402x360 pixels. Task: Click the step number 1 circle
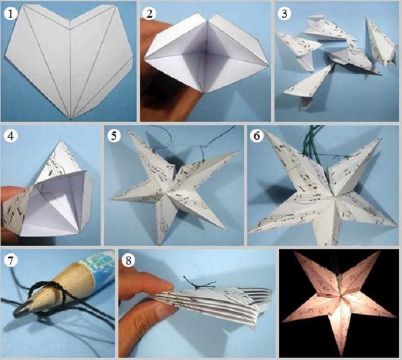pyautogui.click(x=10, y=14)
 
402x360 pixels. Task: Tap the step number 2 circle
pyautogui.click(x=149, y=13)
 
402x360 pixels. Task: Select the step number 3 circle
pyautogui.click(x=284, y=14)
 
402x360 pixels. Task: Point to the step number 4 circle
pyautogui.click(x=10, y=137)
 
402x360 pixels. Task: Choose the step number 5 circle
pyautogui.click(x=114, y=135)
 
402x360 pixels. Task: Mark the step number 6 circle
pyautogui.click(x=256, y=135)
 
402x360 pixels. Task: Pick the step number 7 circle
pyautogui.click(x=10, y=261)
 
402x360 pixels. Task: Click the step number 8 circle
pyautogui.click(x=128, y=261)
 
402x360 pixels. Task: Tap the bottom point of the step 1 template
pyautogui.click(x=71, y=119)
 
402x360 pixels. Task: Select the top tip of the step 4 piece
pyautogui.click(x=61, y=141)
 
